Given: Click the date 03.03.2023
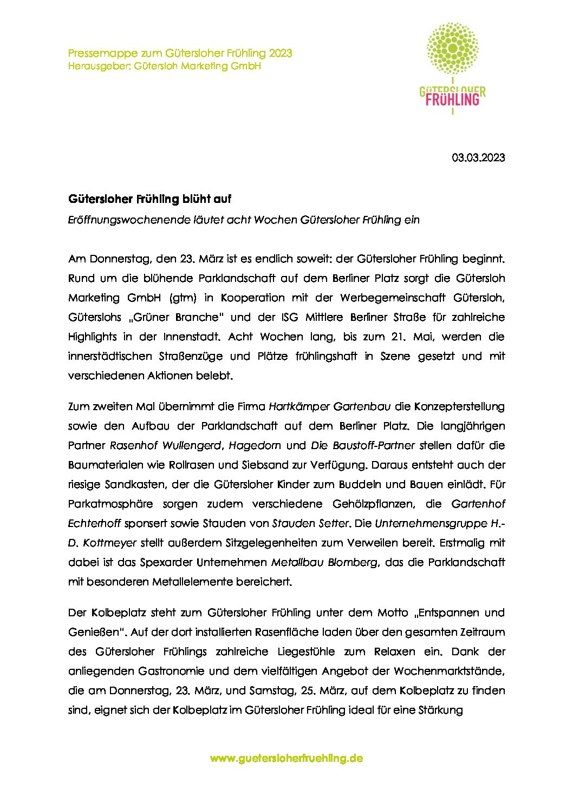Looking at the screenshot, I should point(478,157).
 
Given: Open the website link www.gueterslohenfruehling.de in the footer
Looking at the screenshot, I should point(286,758).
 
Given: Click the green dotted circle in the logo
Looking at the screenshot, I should point(452,49).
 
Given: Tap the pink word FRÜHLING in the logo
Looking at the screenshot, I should point(452,99).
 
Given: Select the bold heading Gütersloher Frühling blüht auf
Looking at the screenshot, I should point(149,199).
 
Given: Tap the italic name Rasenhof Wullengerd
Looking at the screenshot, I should point(166,445).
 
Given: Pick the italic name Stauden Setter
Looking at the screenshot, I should point(310,523).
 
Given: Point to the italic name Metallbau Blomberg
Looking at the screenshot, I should point(324,562).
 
